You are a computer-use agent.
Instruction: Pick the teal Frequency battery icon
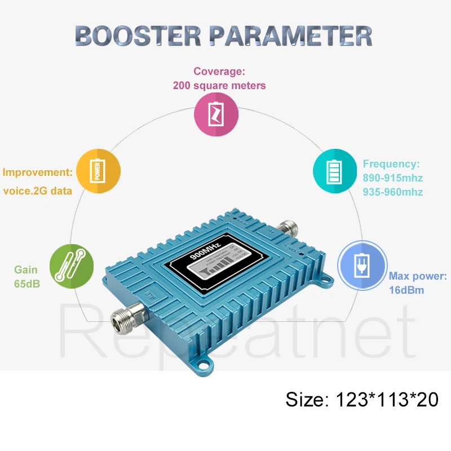[335, 171]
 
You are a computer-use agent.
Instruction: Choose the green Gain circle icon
[72, 265]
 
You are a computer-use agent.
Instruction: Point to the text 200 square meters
[219, 86]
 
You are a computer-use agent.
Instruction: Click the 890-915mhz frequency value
[393, 178]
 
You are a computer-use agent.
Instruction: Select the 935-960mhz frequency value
[393, 192]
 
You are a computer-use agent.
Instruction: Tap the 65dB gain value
[27, 284]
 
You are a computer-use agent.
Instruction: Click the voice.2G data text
[38, 191]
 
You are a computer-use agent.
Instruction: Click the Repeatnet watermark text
[237, 338]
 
